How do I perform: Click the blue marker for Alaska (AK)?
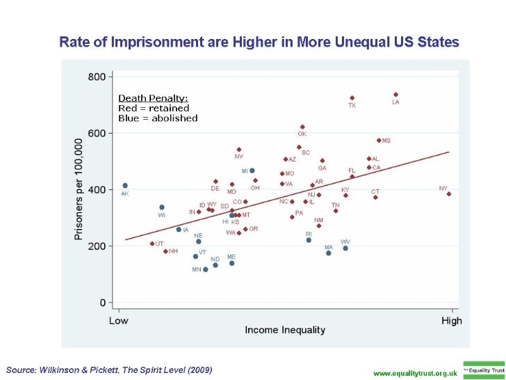(125, 186)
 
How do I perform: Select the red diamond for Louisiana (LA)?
(395, 95)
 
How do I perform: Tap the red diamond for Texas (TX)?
(352, 98)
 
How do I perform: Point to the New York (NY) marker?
(449, 194)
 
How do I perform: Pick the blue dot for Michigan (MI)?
(252, 171)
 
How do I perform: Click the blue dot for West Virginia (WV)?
(345, 248)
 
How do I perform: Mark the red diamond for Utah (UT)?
(152, 244)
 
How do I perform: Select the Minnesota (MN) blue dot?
(205, 269)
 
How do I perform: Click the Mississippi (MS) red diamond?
(379, 140)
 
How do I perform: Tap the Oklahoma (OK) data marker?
(302, 127)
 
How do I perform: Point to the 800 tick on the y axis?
(97, 76)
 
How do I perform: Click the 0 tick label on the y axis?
(102, 303)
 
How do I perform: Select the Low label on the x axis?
(119, 320)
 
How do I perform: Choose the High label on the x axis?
(452, 320)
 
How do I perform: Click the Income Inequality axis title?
(281, 329)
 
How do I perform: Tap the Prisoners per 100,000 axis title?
(78, 189)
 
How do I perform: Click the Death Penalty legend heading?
(153, 98)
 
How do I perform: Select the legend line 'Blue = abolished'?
(158, 118)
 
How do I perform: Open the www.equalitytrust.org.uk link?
(415, 372)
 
